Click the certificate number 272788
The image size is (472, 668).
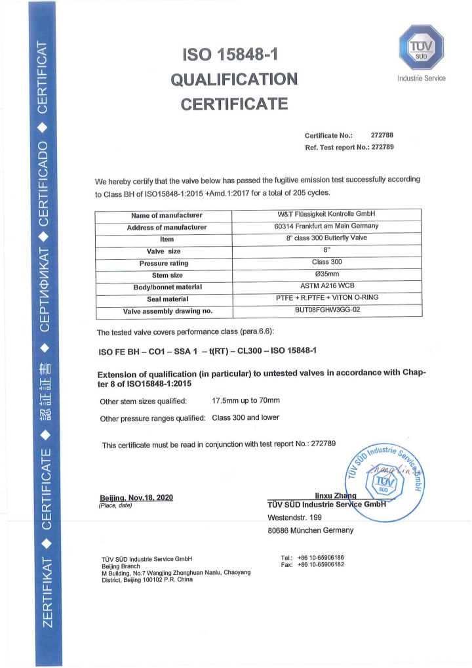[x=382, y=135]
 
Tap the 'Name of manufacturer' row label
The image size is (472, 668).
[x=167, y=215]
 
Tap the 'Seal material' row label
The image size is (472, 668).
[x=167, y=299]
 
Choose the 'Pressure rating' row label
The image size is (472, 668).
[x=167, y=263]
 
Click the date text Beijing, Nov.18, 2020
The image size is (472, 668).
[x=136, y=497]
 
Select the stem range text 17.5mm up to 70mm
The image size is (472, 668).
[x=246, y=400]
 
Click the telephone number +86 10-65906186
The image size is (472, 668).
[x=321, y=558]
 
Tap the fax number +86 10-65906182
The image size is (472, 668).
[x=321, y=565]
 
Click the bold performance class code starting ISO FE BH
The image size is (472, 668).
[x=207, y=350]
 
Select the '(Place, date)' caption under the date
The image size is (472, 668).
[x=115, y=506]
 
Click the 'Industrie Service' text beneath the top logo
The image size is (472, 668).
[x=422, y=79]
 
